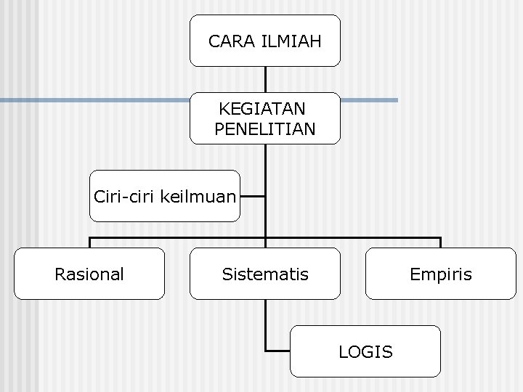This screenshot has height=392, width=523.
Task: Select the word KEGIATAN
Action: (262, 110)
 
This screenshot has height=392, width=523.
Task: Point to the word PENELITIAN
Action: (265, 130)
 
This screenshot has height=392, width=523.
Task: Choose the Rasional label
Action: (89, 274)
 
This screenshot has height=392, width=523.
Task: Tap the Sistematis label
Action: (265, 274)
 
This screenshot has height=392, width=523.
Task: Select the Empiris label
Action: (440, 274)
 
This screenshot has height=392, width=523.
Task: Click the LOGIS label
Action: (365, 352)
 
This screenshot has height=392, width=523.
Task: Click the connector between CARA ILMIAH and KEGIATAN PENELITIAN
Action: (266, 79)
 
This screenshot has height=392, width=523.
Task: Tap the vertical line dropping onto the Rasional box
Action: (90, 242)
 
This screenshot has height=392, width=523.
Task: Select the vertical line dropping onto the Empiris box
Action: (440, 242)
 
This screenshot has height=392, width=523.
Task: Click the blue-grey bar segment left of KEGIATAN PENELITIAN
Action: (94, 100)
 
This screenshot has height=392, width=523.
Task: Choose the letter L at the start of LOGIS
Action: (343, 352)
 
